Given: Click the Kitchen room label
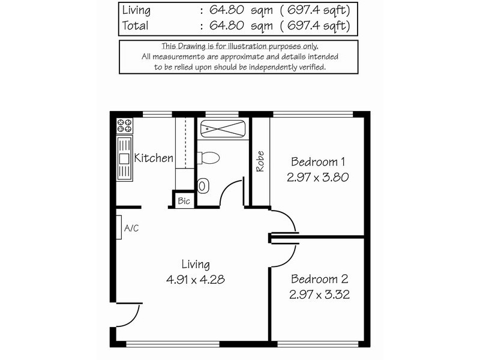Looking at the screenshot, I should point(154,158).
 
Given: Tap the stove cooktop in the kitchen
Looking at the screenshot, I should point(125,126).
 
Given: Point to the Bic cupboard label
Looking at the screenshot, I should point(184,201).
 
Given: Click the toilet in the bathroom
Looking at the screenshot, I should point(209,158).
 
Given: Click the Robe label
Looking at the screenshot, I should point(260,161).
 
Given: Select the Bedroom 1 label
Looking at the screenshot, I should point(318,161).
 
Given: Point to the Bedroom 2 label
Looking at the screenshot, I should point(319,279).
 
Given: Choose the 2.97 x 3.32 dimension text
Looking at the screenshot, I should point(320,295).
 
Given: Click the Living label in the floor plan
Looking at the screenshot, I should point(196,264).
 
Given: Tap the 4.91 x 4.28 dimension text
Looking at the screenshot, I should point(196,280).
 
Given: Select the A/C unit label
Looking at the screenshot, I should point(131,228).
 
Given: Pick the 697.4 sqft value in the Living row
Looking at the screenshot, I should point(313,10).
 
